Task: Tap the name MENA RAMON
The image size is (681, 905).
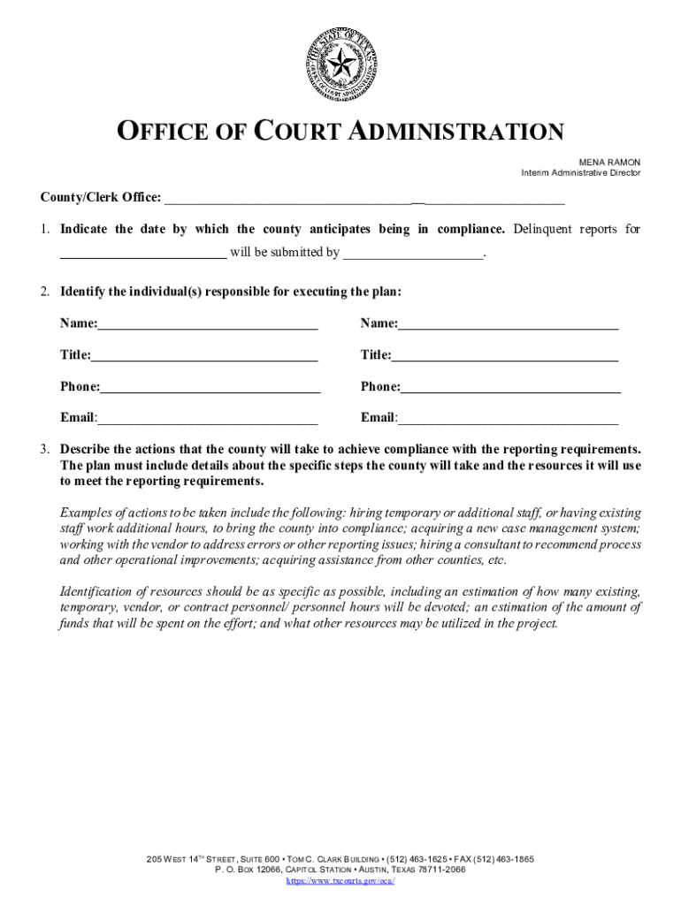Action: [x=609, y=162]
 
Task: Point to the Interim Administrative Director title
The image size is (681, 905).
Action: [x=580, y=173]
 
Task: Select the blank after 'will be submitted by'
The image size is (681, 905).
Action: [x=413, y=253]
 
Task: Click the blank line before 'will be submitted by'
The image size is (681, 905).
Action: [x=142, y=253]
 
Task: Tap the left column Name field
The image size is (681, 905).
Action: [x=208, y=323]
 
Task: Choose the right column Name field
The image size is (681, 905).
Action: [x=508, y=323]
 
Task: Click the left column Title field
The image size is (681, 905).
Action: [x=204, y=355]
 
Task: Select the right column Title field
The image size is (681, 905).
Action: [x=504, y=355]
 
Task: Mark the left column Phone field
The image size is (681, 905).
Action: [x=210, y=386]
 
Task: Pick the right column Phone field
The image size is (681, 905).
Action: [x=510, y=386]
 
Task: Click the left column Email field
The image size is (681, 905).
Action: [x=208, y=417]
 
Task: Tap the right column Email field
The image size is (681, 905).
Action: [x=508, y=417]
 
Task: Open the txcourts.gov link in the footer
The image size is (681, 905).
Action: [x=340, y=881]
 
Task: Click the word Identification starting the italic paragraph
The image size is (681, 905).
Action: [x=99, y=591]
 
